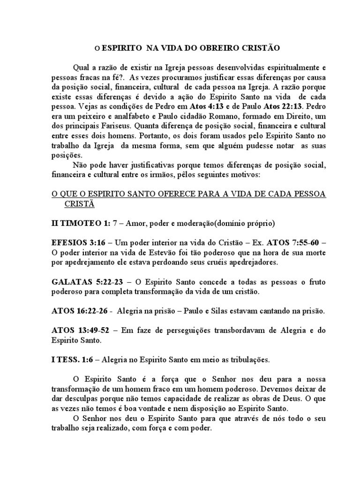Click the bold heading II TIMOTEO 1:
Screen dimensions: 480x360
point(80,224)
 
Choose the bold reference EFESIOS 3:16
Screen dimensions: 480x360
point(76,243)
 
